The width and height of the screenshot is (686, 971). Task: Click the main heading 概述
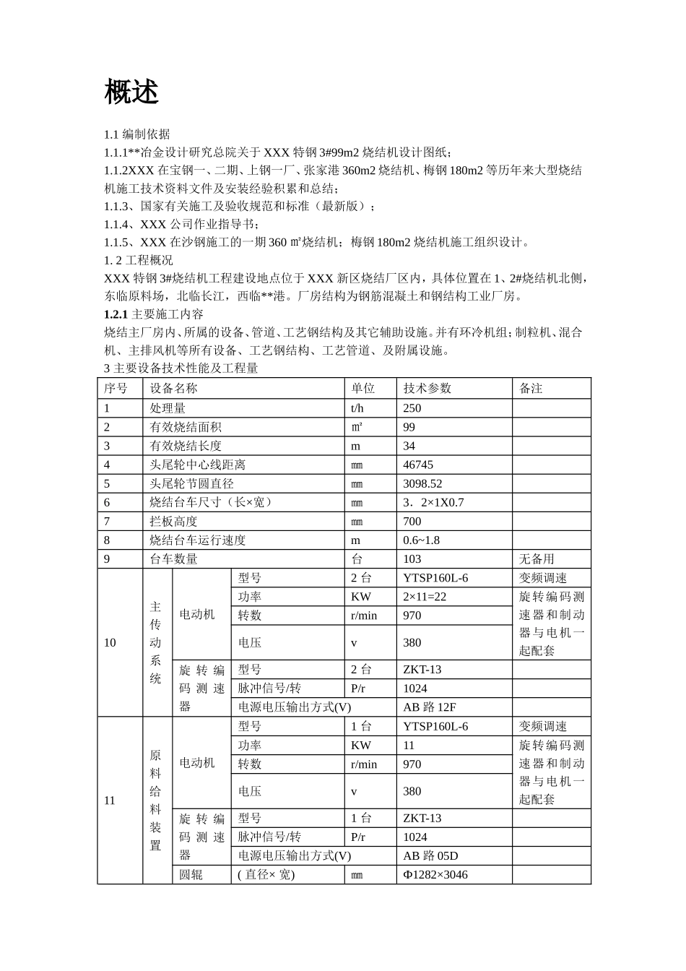[131, 92]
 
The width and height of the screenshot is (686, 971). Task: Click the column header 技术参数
[427, 388]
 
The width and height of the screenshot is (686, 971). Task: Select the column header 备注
[531, 388]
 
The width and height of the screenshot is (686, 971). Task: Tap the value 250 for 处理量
[412, 408]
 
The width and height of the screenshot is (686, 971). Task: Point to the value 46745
[418, 465]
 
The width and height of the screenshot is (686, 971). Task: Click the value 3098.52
[422, 483]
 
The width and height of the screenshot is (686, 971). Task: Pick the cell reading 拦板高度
[173, 521]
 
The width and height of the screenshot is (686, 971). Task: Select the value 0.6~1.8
[421, 540]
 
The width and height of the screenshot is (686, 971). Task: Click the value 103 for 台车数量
[412, 558]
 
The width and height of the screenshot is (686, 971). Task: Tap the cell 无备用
[537, 558]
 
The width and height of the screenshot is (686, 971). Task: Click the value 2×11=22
[425, 596]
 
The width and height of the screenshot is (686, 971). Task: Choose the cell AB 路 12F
[430, 707]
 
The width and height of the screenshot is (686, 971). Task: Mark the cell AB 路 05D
[430, 855]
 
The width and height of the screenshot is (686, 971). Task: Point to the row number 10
[110, 642]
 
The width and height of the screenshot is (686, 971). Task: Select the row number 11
[110, 800]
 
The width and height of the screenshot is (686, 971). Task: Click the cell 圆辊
[191, 874]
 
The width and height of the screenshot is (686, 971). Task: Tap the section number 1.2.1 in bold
[116, 314]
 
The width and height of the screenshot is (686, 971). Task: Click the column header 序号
[116, 388]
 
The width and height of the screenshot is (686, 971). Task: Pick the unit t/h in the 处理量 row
[358, 408]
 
